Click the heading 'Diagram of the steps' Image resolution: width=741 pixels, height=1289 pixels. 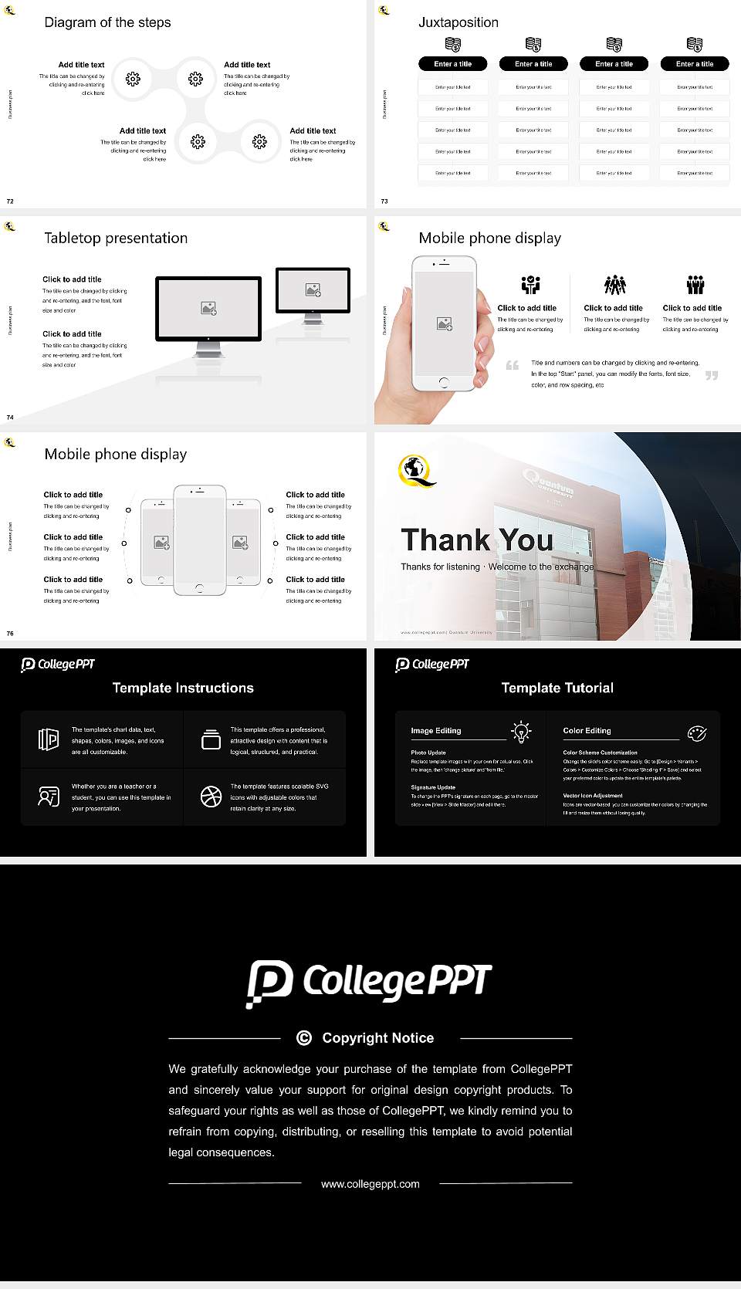click(107, 22)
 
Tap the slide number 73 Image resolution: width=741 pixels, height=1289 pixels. click(384, 201)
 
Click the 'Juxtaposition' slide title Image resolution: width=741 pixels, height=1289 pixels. click(458, 22)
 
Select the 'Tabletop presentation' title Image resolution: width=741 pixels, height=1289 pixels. click(116, 238)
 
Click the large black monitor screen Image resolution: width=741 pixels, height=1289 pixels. click(208, 308)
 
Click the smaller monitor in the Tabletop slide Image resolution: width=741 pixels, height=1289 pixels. click(313, 290)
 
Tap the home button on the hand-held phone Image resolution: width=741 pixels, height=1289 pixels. click(444, 382)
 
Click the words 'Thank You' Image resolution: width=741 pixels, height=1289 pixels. click(476, 540)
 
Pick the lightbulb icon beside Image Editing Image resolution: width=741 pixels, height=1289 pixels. click(521, 731)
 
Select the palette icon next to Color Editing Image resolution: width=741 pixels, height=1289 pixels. click(696, 732)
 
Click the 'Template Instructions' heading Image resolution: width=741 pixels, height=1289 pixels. click(183, 688)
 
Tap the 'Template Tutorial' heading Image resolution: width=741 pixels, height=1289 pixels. click(557, 688)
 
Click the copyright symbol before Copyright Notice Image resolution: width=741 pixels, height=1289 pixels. click(304, 1038)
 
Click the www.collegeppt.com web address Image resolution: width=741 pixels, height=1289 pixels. click(370, 1183)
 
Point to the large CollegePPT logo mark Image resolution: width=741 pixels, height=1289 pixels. click(269, 983)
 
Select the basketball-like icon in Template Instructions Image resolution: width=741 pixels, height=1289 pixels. click(211, 797)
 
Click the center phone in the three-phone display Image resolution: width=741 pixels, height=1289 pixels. click(199, 540)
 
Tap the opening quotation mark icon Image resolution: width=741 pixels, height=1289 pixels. click(513, 365)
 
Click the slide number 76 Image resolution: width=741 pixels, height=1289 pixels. click(10, 633)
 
